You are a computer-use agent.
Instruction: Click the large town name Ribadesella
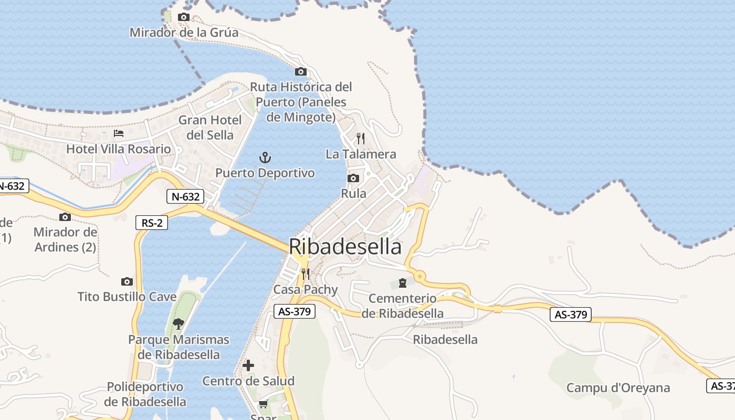coord(345,247)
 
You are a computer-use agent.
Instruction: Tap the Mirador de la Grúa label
coord(184,33)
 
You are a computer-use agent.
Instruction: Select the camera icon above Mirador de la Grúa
coord(183,17)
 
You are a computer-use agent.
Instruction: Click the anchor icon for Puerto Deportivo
coord(265,157)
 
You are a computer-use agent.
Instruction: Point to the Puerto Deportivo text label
coord(265,173)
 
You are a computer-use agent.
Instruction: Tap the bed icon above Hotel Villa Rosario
coord(119,133)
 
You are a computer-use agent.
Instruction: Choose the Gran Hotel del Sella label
coord(210,128)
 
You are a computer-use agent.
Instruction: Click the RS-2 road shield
coord(151,223)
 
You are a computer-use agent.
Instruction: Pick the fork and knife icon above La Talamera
coord(361,139)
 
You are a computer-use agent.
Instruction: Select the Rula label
coord(353,193)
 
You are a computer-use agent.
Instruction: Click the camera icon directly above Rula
coord(353,178)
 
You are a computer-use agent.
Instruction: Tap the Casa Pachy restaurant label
coord(306,289)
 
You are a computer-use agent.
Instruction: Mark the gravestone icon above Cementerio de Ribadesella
coord(403,283)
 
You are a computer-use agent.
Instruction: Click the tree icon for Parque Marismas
coord(178,323)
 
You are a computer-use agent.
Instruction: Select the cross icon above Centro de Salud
coord(248,365)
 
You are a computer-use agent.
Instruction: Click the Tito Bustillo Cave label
coord(127,297)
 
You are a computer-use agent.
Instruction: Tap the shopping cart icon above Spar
coord(263,404)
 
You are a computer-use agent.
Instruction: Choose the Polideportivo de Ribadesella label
coord(145,394)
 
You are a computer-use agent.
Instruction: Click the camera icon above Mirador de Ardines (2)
coord(65,217)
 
